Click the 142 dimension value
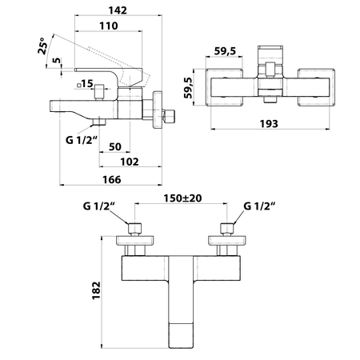[118, 10]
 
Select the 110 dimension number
[109, 26]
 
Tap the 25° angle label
[43, 46]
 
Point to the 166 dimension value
[112, 179]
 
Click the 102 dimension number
[130, 162]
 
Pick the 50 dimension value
[115, 146]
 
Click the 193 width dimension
[269, 124]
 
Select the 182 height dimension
[96, 290]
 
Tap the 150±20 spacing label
[182, 198]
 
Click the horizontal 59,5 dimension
[225, 50]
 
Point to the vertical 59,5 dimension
[189, 88]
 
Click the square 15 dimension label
[86, 84]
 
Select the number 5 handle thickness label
[57, 60]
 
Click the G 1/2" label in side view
[81, 140]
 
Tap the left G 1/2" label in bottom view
[98, 206]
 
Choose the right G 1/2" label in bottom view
[259, 206]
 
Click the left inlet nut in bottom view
[134, 229]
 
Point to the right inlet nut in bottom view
[227, 229]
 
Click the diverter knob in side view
[99, 92]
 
